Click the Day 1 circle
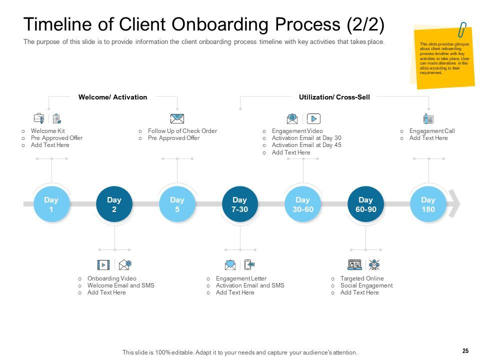tap(51, 204)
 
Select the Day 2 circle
tap(114, 204)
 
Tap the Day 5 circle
tap(177, 204)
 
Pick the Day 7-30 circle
tap(240, 204)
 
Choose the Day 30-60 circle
tap(302, 204)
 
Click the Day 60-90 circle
tap(365, 204)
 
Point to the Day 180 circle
tap(428, 204)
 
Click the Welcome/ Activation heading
tap(112, 97)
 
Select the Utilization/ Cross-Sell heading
tap(334, 97)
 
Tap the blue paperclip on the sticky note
tap(462, 29)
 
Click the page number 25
tap(465, 351)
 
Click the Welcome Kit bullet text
tap(47, 131)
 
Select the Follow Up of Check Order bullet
tap(182, 131)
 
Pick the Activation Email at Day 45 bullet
tap(306, 145)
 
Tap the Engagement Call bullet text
tap(431, 131)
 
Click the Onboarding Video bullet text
tap(111, 278)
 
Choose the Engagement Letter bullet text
tap(241, 278)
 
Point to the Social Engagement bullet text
tap(366, 285)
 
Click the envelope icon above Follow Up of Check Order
tap(177, 118)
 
